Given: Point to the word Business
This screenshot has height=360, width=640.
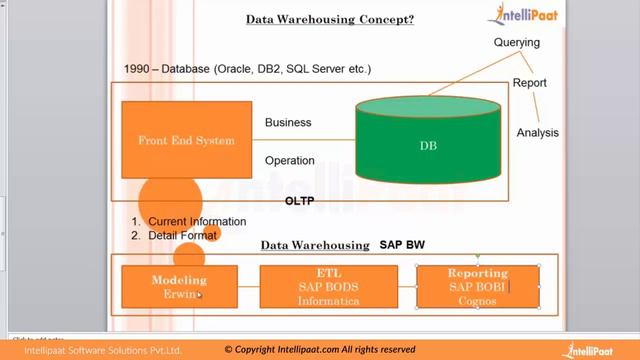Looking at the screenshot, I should [x=288, y=123].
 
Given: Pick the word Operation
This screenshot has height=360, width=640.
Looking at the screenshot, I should [x=290, y=160].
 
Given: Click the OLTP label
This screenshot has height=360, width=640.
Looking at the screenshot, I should [x=300, y=203].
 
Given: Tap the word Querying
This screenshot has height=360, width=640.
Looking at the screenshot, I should [x=517, y=43].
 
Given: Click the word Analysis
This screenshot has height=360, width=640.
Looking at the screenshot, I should [x=537, y=133].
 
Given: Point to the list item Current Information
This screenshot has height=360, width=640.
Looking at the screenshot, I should [x=196, y=221].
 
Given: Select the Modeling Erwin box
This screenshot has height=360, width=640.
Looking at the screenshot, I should [x=179, y=286].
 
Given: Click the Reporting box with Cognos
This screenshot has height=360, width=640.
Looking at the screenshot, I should [x=478, y=286].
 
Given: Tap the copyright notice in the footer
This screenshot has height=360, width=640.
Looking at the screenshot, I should [x=320, y=350].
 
